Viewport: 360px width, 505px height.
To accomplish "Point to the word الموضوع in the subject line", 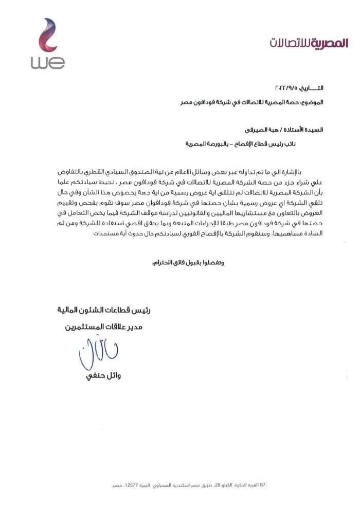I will (313, 102).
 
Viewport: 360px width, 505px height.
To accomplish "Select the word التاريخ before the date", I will (313, 89).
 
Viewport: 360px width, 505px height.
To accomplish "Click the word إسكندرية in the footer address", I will (184, 484).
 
